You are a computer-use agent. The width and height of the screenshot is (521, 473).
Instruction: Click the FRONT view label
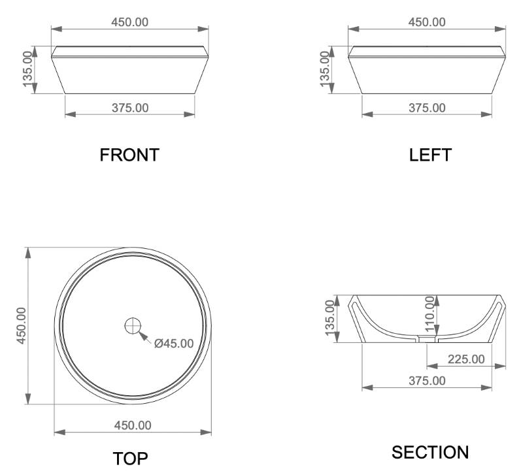[x=129, y=155]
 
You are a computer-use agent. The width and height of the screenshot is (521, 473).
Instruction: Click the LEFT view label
[x=430, y=155]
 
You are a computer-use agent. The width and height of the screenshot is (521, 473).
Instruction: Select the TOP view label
[x=130, y=459]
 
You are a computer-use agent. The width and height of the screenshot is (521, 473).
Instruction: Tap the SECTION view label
[x=430, y=452]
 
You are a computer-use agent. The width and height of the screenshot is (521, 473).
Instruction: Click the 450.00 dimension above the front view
[x=129, y=22]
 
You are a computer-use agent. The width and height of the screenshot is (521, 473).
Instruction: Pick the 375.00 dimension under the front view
[x=130, y=108]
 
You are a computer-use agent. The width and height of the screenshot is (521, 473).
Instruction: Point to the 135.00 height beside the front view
[x=28, y=69]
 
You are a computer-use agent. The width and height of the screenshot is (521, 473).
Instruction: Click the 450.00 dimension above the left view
[x=427, y=22]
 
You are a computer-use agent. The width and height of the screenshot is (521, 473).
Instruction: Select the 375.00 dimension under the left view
[x=427, y=108]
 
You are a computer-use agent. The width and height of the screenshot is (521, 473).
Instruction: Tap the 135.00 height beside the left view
[x=325, y=69]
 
